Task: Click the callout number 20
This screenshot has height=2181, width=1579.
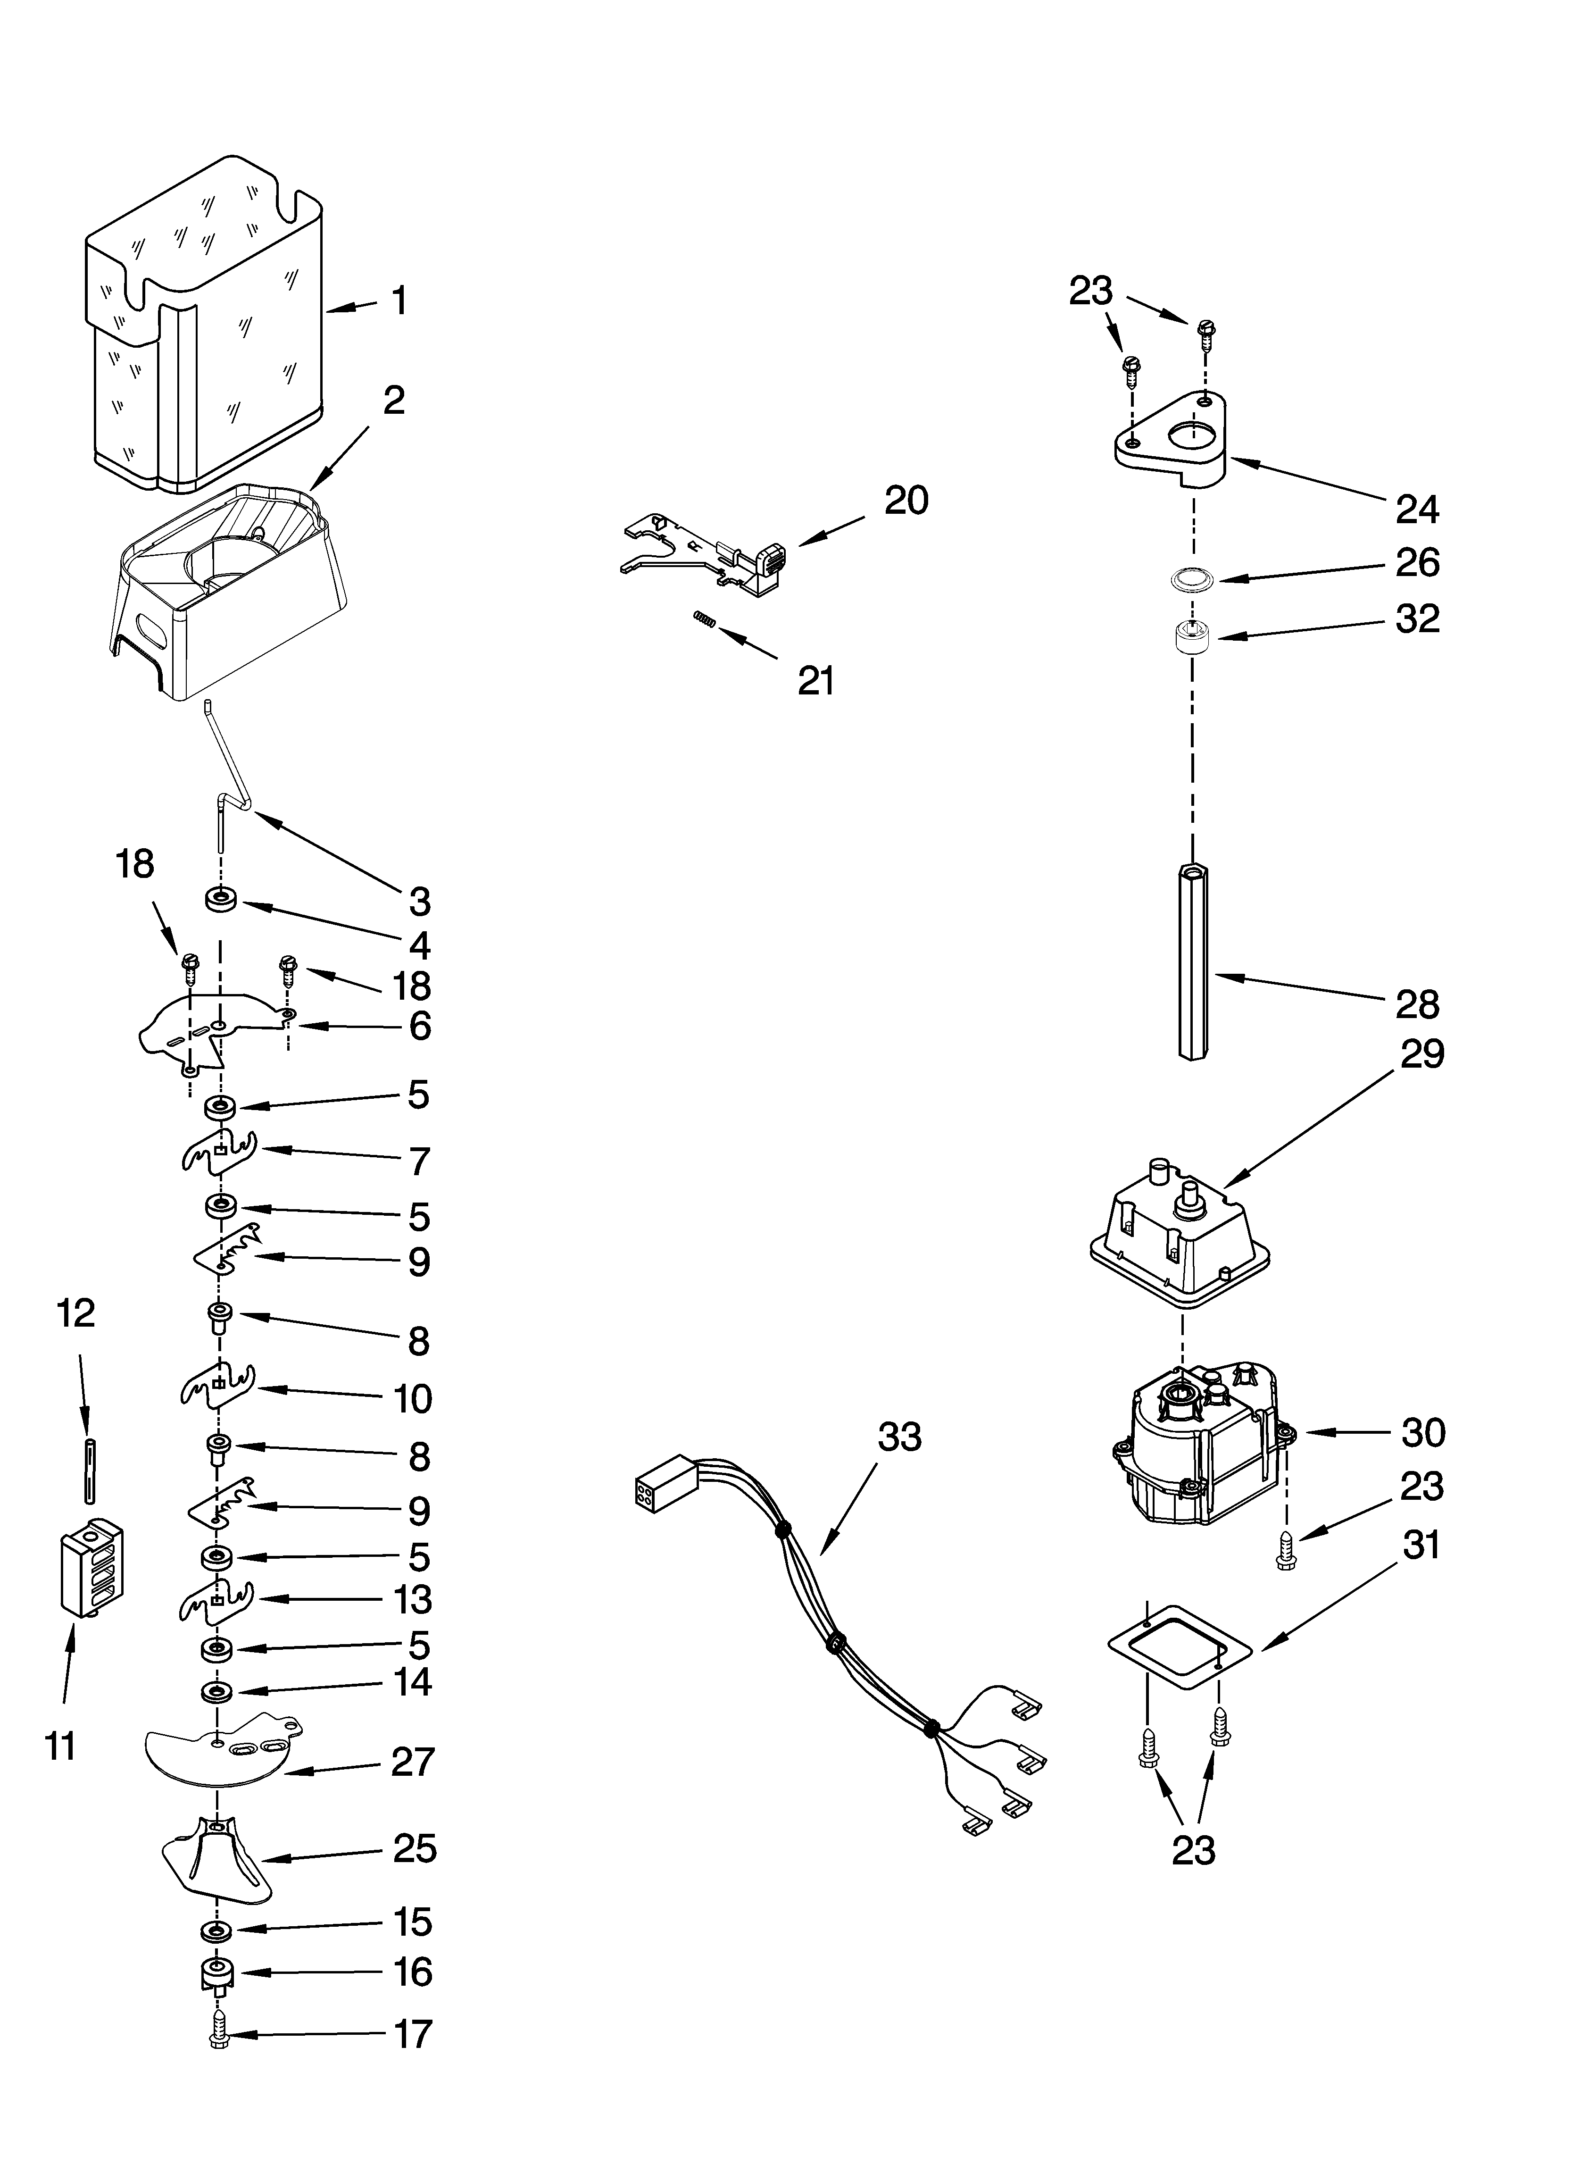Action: coord(906,501)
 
